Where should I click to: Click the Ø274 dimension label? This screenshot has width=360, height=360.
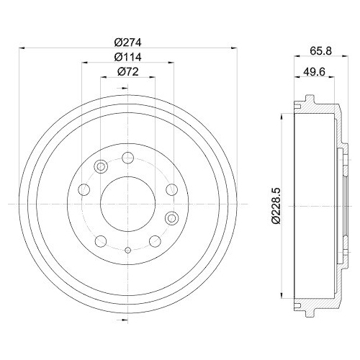coord(127,41)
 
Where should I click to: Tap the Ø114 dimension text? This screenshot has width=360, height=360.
coord(127,57)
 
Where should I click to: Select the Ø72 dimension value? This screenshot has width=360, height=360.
coord(127,73)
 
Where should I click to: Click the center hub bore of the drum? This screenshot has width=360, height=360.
coord(127,204)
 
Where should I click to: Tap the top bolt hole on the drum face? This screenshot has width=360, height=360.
coord(127,158)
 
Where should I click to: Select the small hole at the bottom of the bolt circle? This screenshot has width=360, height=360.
coord(127,250)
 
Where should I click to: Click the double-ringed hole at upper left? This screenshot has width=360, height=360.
coord(101,167)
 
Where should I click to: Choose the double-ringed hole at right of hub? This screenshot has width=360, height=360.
coord(171,217)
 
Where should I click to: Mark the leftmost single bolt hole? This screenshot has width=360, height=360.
coord(83,190)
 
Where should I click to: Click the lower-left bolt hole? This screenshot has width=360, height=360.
coord(101,240)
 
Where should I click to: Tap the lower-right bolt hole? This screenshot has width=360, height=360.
coord(153,240)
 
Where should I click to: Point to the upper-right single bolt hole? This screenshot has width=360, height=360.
coord(171,190)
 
